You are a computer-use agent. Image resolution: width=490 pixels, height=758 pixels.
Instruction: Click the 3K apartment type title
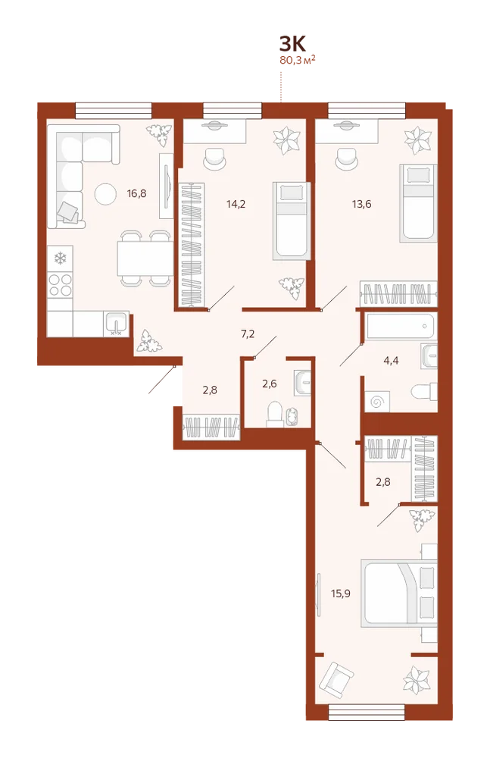(x=292, y=44)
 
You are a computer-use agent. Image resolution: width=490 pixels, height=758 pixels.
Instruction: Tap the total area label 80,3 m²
(x=298, y=61)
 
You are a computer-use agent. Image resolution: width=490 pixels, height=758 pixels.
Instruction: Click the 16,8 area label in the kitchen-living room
(x=137, y=194)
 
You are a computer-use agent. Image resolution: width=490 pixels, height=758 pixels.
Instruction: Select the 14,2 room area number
(x=236, y=204)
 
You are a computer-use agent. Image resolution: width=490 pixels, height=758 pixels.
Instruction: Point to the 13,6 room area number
(x=361, y=204)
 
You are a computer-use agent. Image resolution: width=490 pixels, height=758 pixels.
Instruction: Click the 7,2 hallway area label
(x=248, y=334)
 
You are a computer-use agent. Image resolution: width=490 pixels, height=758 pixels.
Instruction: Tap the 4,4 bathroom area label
(x=391, y=360)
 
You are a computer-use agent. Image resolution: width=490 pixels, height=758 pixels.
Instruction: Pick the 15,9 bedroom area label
(x=341, y=594)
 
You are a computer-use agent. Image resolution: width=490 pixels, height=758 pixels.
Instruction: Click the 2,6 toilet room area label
(x=269, y=384)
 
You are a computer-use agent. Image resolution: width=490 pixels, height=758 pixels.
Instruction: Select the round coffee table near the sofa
(x=105, y=194)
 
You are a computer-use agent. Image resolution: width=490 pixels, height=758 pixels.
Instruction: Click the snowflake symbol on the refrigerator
(x=60, y=258)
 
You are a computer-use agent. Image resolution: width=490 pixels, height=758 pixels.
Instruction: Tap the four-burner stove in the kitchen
(x=60, y=285)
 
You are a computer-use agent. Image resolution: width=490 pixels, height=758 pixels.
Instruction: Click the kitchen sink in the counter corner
(x=116, y=324)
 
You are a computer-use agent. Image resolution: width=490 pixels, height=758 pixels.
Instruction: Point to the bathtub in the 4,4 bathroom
(x=400, y=326)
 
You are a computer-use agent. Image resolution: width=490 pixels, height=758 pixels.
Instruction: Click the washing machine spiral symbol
(x=377, y=401)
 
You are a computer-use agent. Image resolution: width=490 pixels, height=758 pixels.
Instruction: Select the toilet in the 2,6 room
(x=275, y=414)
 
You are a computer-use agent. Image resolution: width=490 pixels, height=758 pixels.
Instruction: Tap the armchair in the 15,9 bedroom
(x=336, y=681)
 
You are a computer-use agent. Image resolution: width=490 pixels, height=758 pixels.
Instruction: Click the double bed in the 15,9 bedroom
(x=399, y=594)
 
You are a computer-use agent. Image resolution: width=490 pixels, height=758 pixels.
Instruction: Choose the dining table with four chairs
(x=145, y=258)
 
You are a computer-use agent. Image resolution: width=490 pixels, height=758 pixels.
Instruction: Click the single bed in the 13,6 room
(x=418, y=203)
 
